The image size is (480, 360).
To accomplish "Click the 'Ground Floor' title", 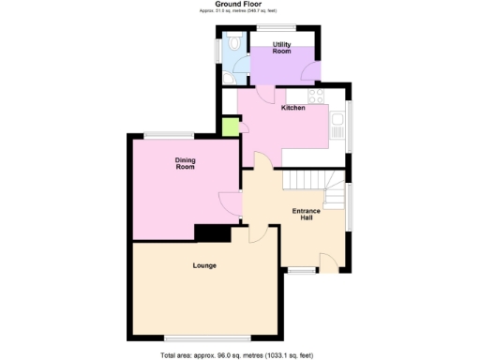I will click(x=239, y=5).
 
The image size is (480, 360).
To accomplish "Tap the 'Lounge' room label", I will click(x=204, y=265).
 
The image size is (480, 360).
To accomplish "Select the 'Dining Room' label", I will click(x=185, y=163).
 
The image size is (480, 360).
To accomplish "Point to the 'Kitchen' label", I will click(x=293, y=108).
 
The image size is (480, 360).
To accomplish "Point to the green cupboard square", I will click(x=230, y=126).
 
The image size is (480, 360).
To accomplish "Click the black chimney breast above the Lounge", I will click(x=211, y=233).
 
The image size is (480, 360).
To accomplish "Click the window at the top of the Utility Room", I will click(x=280, y=26).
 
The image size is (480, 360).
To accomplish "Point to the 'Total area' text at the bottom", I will click(x=240, y=354).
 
